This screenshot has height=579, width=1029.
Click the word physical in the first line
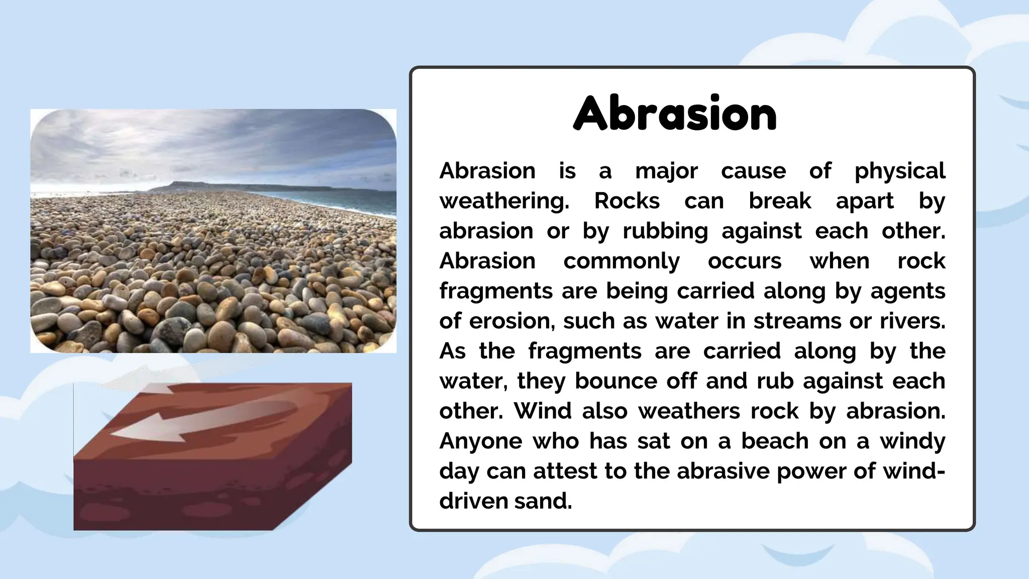[899, 171]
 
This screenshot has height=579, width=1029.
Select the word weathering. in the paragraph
[504, 201]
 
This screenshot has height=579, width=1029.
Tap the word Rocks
[627, 201]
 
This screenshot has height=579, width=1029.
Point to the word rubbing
[665, 231]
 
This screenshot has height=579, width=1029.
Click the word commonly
[621, 261]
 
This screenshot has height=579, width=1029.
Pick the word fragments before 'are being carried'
[495, 291]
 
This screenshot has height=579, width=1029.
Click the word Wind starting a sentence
[542, 411]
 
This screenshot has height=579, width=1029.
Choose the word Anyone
[480, 441]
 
